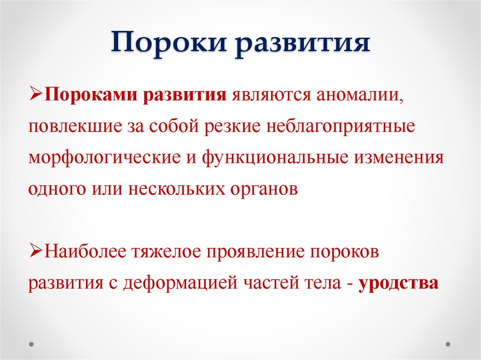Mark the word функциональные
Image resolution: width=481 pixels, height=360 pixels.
tap(272, 159)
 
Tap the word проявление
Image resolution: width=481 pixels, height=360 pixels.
tap(254, 253)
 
